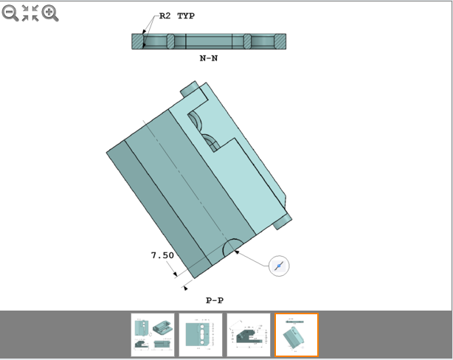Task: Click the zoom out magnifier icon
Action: click(10, 13)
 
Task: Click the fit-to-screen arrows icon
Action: click(30, 13)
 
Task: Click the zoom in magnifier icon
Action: click(50, 13)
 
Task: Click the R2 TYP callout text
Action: click(177, 15)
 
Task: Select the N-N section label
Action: click(208, 57)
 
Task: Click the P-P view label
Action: click(214, 300)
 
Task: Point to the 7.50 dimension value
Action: click(162, 255)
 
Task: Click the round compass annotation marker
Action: click(278, 266)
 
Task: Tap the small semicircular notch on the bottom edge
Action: click(232, 246)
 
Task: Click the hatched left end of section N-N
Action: click(139, 41)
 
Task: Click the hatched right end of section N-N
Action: click(280, 41)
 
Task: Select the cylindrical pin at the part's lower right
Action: click(283, 219)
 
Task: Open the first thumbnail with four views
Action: click(153, 334)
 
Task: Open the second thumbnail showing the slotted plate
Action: click(201, 334)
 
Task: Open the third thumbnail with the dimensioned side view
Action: click(249, 334)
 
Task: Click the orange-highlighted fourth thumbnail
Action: click(297, 334)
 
